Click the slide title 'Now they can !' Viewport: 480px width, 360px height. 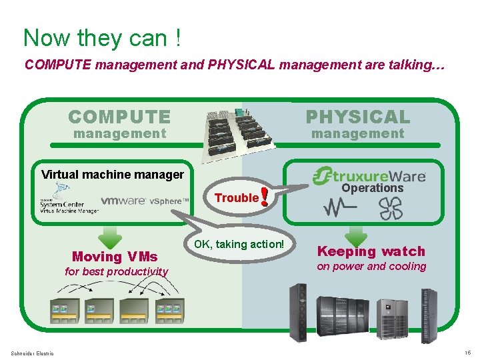[102, 37]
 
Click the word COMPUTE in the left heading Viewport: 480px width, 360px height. [119, 117]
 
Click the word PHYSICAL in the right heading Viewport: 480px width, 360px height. [358, 117]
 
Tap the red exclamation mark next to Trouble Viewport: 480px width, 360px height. [265, 196]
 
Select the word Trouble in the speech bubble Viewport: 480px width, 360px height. [236, 197]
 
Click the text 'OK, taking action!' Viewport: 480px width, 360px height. [239, 244]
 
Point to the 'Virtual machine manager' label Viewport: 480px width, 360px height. [113, 175]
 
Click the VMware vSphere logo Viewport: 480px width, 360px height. [140, 201]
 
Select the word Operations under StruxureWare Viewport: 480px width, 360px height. [373, 189]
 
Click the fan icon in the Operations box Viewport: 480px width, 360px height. [391, 208]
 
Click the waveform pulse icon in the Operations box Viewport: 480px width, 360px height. [340, 208]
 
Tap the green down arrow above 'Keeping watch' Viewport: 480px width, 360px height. [357, 235]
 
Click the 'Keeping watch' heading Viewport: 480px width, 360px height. [371, 251]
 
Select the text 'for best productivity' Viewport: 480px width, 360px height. [116, 271]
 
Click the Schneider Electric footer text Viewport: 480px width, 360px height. [33, 353]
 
